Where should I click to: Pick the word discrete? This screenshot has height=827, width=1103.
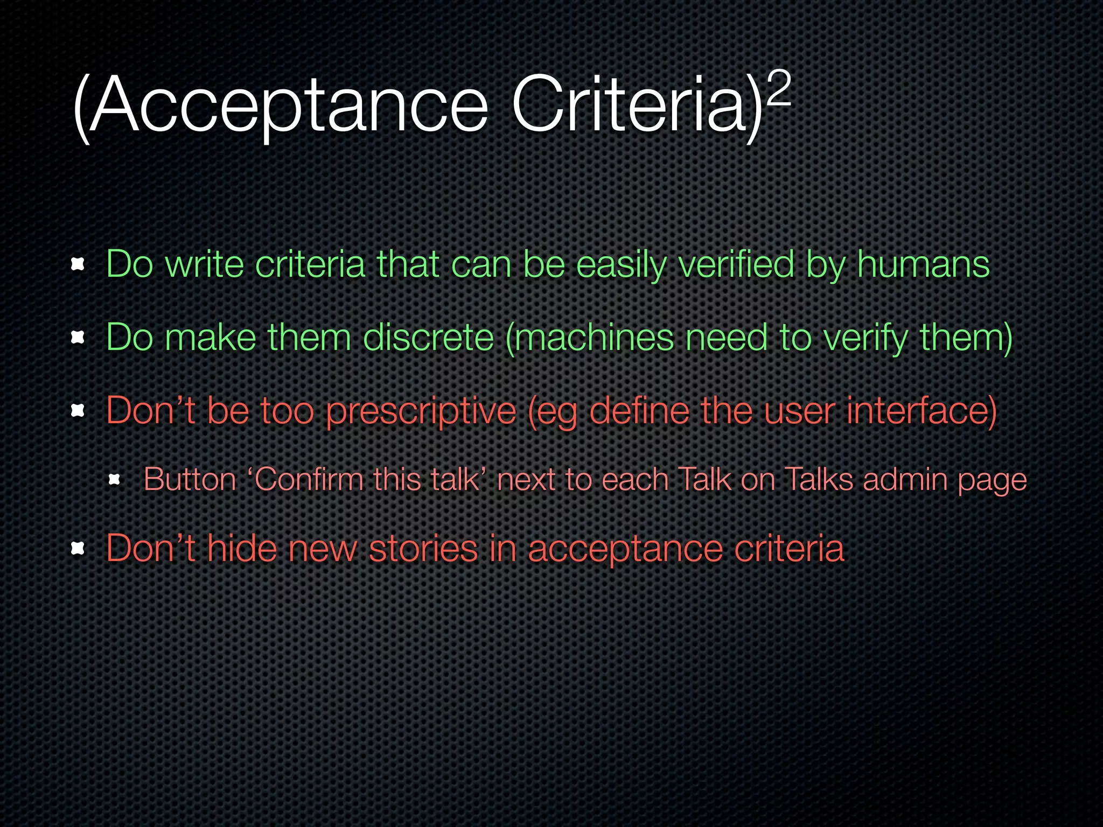(x=428, y=338)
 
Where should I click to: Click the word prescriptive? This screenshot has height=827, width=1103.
(x=421, y=412)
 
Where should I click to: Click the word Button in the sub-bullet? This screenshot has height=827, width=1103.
(x=190, y=479)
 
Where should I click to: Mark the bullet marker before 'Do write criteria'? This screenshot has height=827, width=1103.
(x=79, y=264)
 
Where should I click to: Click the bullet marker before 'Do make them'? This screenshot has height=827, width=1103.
(x=79, y=338)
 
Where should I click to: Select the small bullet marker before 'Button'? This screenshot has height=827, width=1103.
(x=114, y=479)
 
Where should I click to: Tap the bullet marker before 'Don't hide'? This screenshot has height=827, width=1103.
(x=79, y=549)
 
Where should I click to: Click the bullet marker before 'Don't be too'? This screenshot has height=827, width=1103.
(x=79, y=412)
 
